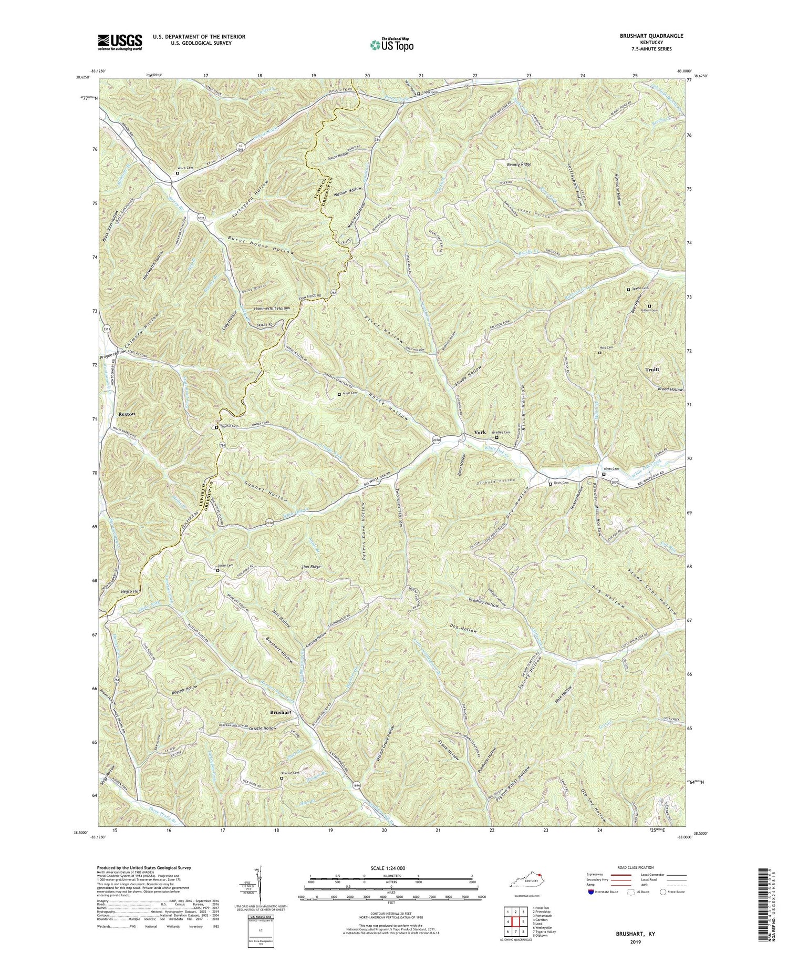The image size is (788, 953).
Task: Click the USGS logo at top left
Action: tap(119, 42)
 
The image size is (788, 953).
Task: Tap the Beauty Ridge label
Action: tap(519, 165)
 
